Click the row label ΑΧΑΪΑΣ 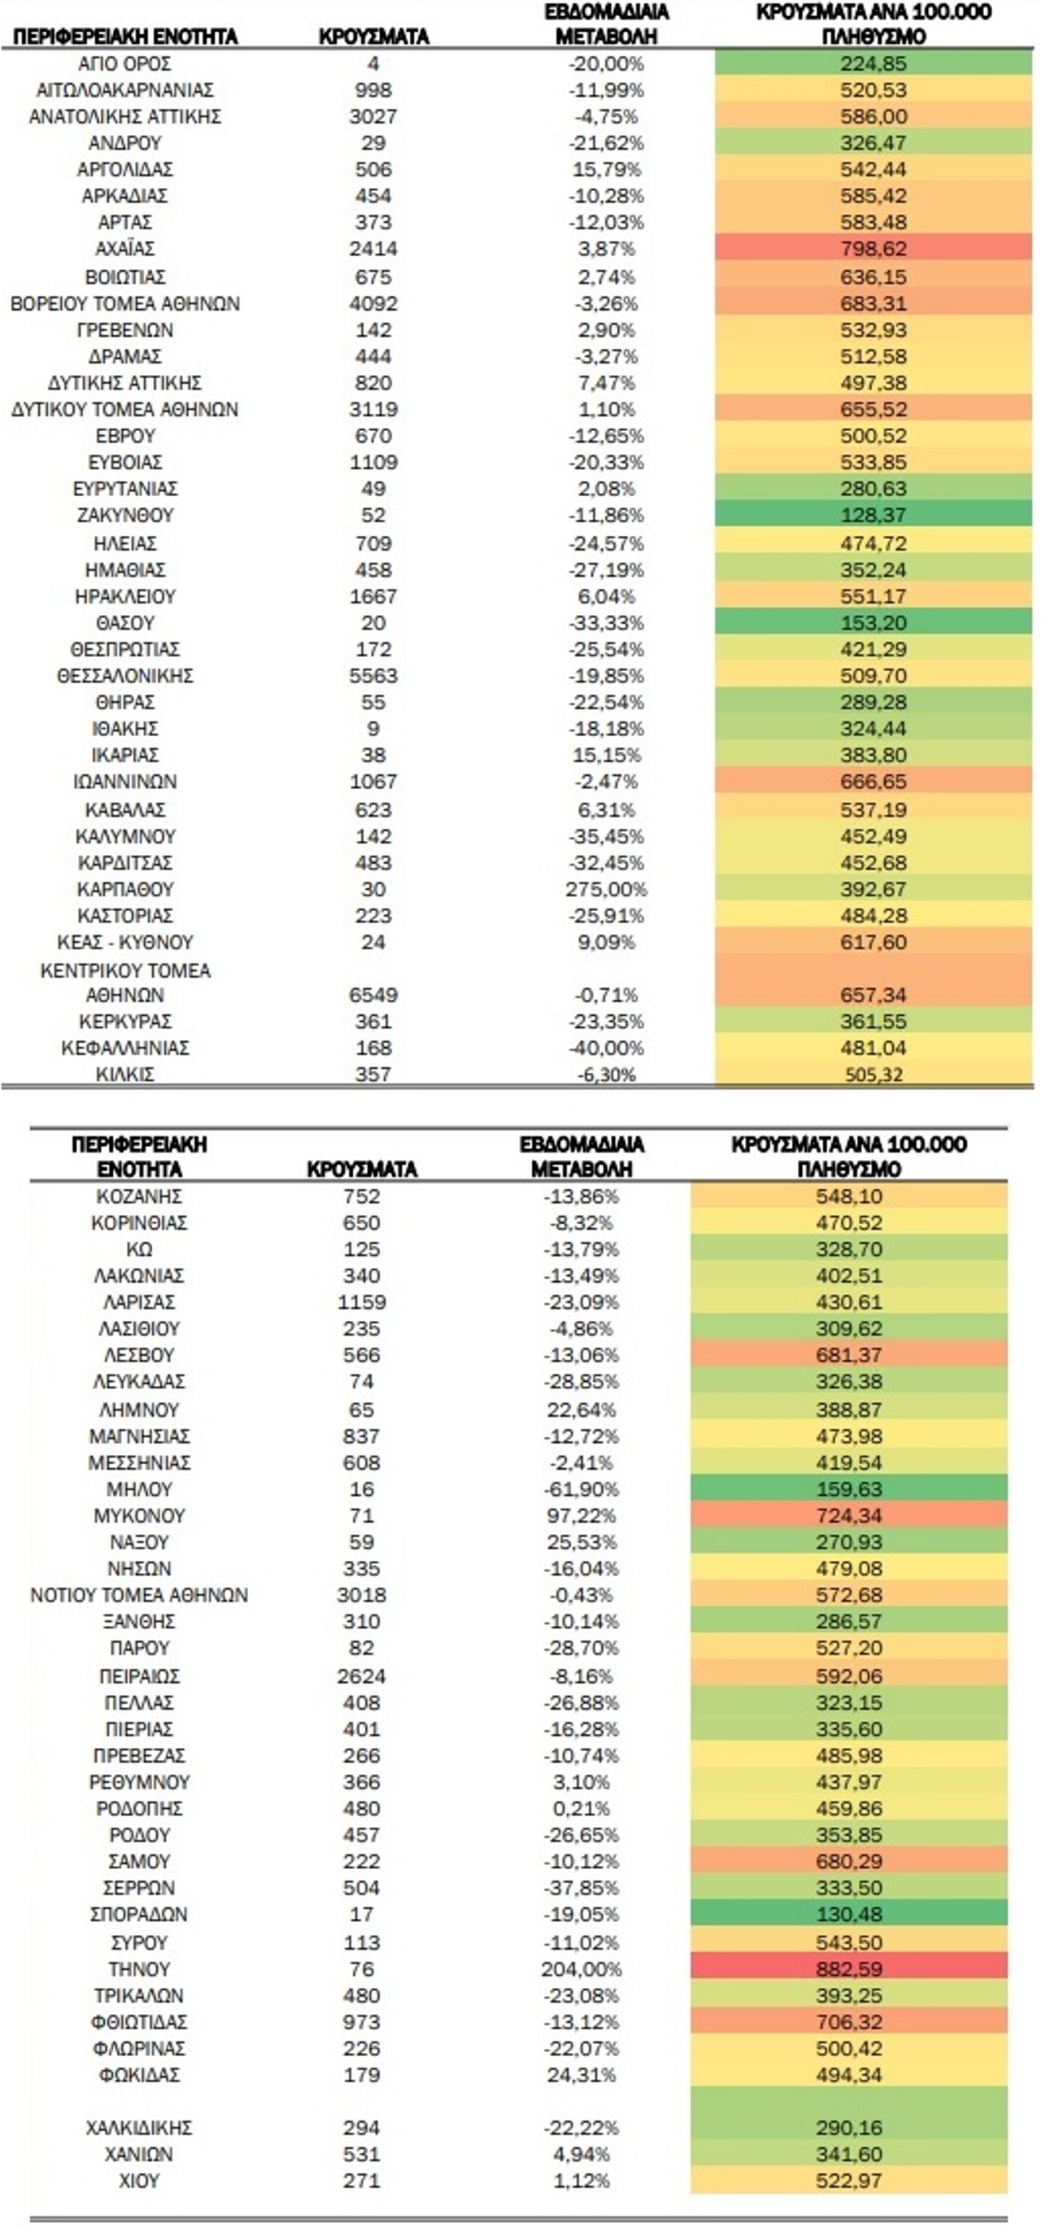(124, 249)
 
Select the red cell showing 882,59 (848, 1968)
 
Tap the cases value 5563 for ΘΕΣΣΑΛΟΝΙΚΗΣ (372, 675)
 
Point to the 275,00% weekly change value (606, 889)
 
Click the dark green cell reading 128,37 (873, 515)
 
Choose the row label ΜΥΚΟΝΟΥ (139, 1514)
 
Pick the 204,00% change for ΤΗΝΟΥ (581, 1968)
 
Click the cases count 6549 (372, 994)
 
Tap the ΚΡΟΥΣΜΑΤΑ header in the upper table (373, 37)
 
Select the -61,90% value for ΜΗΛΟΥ (581, 1488)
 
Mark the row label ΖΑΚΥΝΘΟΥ (124, 515)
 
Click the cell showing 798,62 (873, 249)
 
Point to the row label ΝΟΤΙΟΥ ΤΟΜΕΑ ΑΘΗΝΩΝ (139, 1594)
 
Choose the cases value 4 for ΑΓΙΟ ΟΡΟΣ (372, 64)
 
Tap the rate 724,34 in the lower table (848, 1514)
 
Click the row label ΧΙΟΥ (139, 2181)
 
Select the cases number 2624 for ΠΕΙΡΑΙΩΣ (361, 1676)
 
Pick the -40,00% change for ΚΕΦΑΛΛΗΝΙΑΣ (606, 1048)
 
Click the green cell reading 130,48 (848, 1914)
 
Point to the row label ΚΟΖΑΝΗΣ (139, 1196)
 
